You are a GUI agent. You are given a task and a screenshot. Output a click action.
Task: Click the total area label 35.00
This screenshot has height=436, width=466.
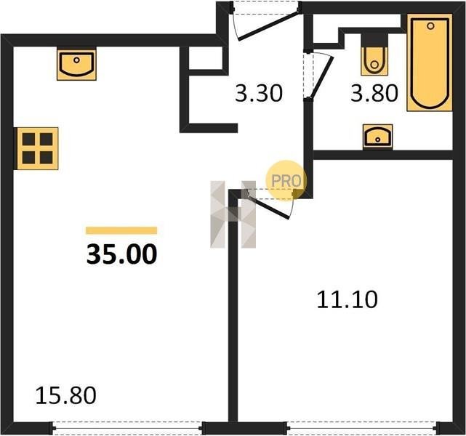(121, 254)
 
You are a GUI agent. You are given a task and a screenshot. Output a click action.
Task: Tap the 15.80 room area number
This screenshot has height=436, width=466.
(65, 395)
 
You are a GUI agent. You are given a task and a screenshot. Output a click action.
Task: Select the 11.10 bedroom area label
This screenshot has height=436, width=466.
(347, 299)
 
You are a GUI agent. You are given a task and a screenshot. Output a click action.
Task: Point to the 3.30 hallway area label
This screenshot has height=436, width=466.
(258, 93)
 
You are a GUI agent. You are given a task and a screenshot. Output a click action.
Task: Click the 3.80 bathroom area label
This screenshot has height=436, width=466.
(374, 93)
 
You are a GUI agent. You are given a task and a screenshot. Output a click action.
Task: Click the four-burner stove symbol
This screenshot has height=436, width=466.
(38, 148)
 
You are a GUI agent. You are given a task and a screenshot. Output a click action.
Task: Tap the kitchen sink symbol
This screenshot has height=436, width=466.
(76, 63)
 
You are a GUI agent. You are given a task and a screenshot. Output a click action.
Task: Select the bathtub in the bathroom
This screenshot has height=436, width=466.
(430, 62)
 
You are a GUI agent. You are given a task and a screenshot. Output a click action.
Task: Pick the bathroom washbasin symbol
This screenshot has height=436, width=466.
(377, 137)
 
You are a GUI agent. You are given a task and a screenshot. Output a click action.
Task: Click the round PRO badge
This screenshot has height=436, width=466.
(286, 181)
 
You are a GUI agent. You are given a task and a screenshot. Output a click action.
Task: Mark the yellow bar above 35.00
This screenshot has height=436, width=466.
(121, 230)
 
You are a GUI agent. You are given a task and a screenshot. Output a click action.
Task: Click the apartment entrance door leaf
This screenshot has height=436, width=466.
(269, 25)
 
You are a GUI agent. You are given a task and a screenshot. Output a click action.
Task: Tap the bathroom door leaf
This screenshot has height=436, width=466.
(321, 77)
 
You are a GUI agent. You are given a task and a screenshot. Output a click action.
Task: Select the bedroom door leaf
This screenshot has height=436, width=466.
(269, 206)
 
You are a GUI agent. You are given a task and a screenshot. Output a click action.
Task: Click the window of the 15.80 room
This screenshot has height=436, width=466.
(128, 428)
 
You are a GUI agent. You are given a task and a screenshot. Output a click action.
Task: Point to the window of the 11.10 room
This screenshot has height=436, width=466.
(362, 428)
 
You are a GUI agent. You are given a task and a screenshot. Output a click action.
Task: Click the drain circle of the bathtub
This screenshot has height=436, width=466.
(430, 26)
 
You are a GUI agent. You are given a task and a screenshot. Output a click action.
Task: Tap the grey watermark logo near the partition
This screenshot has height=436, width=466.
(233, 214)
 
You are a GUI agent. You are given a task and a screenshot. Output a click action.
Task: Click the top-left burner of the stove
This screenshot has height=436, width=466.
(29, 139)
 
